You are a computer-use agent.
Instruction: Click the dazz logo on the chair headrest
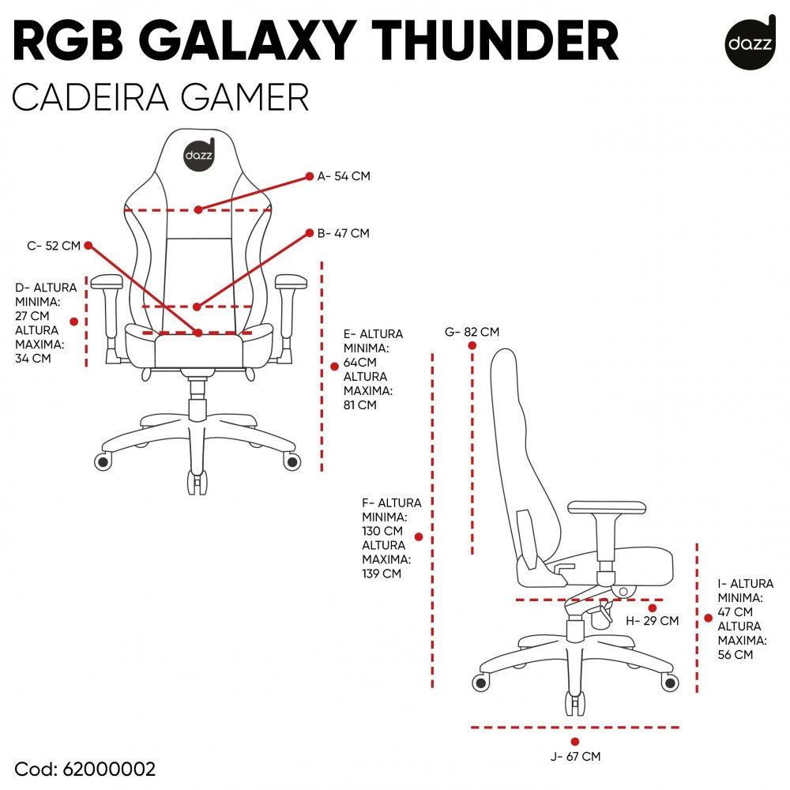coord(198,153)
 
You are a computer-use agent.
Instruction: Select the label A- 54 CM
coord(344,176)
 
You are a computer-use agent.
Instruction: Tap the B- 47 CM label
coord(343,233)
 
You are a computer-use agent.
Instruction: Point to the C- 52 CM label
coord(54,246)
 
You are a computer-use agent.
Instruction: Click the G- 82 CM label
coord(472,332)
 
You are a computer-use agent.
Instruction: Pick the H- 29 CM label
coord(653,621)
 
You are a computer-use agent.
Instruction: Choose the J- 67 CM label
coord(575,757)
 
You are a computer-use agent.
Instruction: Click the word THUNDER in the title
coord(499,43)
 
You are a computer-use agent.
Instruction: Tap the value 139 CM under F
coord(382,574)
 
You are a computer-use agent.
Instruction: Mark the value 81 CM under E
coord(360,405)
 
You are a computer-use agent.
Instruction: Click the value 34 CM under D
coord(32,358)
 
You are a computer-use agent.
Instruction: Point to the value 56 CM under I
coord(735,654)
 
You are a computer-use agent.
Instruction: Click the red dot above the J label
coord(575,741)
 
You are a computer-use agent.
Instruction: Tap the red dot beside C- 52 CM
coord(88,245)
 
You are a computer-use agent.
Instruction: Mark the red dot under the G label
coord(472,346)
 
